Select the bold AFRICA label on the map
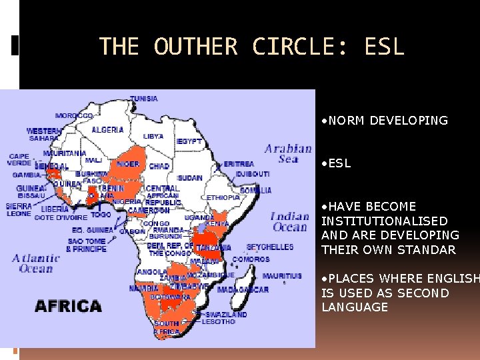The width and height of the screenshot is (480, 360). tap(68, 307)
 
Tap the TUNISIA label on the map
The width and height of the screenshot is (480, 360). tap(144, 99)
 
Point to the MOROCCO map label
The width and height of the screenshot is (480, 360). tap(74, 115)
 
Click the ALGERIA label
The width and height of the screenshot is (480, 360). tap(107, 129)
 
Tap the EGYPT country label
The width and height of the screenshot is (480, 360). tap(189, 141)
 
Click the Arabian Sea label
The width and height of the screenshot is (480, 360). tap(288, 154)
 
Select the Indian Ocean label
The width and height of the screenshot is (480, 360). tap(289, 221)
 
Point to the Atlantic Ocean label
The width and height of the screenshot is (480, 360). tap(36, 263)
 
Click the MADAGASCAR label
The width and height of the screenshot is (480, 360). tap(243, 289)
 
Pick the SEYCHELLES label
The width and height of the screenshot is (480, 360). tap(270, 247)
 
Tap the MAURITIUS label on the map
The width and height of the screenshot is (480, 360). tap(282, 276)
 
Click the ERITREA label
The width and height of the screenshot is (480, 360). tap(239, 163)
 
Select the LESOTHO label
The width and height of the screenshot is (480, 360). tap(218, 322)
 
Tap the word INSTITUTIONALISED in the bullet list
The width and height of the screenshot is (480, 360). tap(385, 221)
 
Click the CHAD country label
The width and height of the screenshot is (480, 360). tap(160, 166)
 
